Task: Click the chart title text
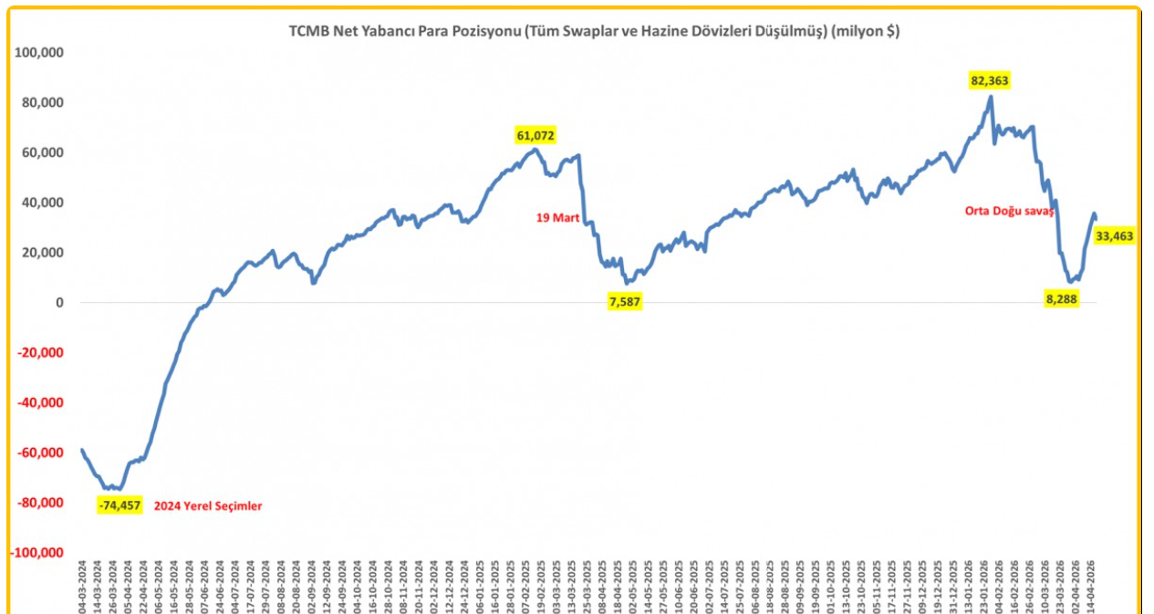(594, 31)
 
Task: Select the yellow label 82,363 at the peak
(990, 81)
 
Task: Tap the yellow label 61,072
(535, 136)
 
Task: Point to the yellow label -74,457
(120, 505)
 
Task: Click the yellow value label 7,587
(625, 302)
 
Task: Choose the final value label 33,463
(1114, 236)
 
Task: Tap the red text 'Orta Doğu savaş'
(1009, 211)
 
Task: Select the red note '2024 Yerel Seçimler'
(207, 505)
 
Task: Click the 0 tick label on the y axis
(58, 303)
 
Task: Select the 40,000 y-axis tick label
(43, 203)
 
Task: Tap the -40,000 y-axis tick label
(41, 402)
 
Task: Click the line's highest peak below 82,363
(991, 97)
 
